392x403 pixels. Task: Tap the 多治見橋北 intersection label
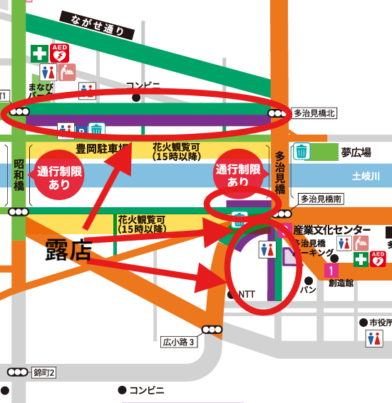pyautogui.click(x=314, y=113)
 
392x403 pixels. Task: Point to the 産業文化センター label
pyautogui.click(x=333, y=229)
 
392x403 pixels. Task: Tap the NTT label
pyautogui.click(x=246, y=294)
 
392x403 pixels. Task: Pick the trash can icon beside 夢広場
pyautogui.click(x=302, y=151)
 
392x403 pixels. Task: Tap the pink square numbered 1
pyautogui.click(x=330, y=270)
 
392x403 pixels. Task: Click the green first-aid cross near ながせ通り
pyautogui.click(x=38, y=53)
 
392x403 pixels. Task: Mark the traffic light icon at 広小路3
pyautogui.click(x=212, y=329)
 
